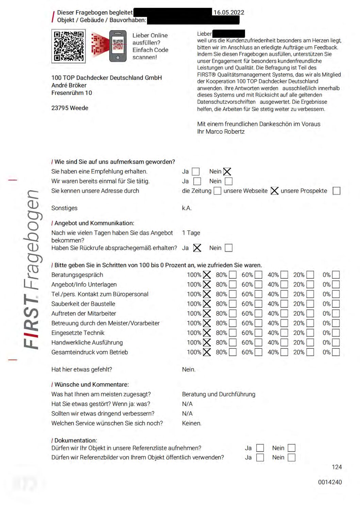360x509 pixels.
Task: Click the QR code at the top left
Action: (x=68, y=46)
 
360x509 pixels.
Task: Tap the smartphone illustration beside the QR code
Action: (x=118, y=46)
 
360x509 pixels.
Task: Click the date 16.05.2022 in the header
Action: (x=229, y=13)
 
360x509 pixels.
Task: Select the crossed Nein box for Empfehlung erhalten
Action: (x=227, y=172)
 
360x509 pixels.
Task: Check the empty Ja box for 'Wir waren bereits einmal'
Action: (x=197, y=181)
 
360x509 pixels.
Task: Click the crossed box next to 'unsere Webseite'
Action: (x=274, y=191)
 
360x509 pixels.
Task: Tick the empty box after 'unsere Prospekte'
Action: (x=336, y=191)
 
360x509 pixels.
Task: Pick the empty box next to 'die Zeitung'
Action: (x=217, y=191)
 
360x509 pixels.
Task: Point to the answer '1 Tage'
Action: (x=191, y=233)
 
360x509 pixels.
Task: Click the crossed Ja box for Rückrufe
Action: (x=197, y=248)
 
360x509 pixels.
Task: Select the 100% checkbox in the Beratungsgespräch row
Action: (x=207, y=275)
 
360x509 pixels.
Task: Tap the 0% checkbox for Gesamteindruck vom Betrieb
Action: (x=336, y=352)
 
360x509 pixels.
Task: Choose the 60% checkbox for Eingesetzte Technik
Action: (x=259, y=333)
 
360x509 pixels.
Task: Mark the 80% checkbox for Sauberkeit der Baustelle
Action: (x=233, y=304)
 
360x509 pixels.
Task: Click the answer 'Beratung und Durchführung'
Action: (x=218, y=394)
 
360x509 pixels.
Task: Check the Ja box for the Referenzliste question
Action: (x=260, y=448)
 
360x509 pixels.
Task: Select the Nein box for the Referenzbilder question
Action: (x=292, y=458)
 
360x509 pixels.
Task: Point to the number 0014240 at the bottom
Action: (x=330, y=482)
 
